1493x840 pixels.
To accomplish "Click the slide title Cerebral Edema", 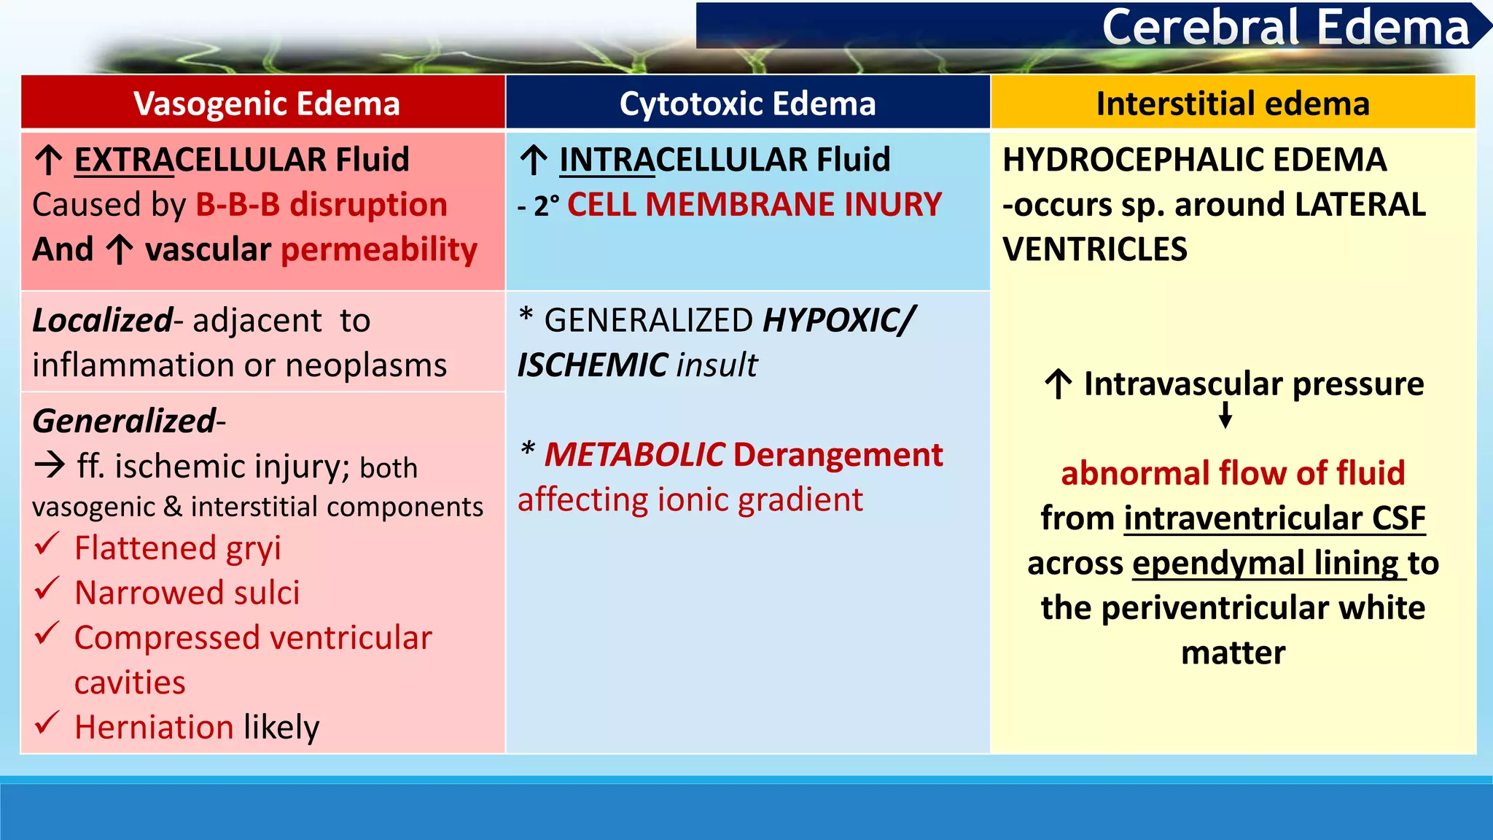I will click(1285, 28).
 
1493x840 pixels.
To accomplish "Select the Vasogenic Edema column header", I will click(266, 104).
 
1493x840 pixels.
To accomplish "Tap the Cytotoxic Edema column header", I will click(747, 104).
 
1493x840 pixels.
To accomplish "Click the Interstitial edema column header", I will click(1233, 104).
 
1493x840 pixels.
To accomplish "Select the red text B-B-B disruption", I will click(321, 205).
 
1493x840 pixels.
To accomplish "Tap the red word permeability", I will click(379, 250).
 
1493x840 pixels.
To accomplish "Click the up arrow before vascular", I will click(120, 250).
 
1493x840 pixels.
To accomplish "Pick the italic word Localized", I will click(102, 321).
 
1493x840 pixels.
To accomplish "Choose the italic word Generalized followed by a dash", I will click(125, 421).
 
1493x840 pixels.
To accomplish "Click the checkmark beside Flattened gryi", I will click(47, 544).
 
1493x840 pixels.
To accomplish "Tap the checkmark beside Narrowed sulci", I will click(47, 589).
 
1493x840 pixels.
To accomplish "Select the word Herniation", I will click(154, 727).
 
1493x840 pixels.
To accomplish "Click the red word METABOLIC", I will click(635, 455).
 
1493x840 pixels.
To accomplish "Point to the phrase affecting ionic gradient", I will click(690, 500).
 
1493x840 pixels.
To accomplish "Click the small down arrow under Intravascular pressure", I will click(1225, 415).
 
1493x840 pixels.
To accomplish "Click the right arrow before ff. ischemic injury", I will click(50, 464).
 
